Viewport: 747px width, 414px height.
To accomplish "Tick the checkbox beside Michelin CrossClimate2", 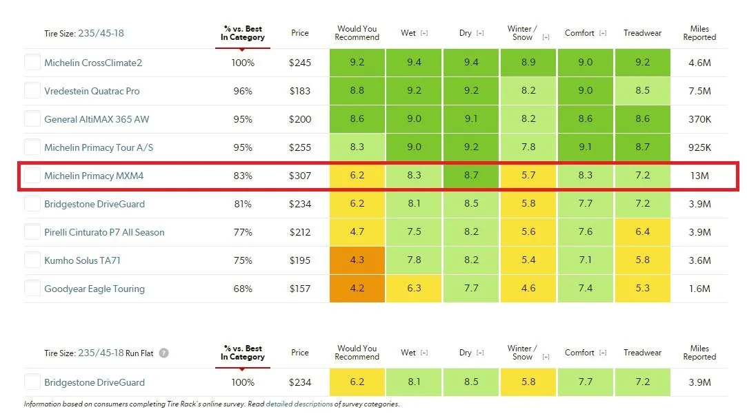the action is tap(32, 62).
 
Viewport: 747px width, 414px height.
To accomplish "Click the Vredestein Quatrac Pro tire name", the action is tap(92, 91).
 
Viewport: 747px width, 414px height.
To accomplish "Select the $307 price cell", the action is tap(299, 176).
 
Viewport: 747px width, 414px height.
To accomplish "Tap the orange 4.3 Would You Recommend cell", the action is tap(357, 260).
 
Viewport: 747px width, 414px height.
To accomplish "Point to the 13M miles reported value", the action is tap(699, 176).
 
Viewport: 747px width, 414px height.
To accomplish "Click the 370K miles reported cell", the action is tap(699, 119).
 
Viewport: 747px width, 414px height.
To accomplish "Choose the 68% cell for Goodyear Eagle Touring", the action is tap(243, 289).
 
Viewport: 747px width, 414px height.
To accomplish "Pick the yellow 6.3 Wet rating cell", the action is tap(414, 289).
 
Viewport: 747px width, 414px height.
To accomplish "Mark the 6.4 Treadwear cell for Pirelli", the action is tap(642, 231).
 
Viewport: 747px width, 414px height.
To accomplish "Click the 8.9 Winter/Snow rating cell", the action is tap(528, 62).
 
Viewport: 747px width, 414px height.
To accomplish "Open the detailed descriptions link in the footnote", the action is tap(299, 404).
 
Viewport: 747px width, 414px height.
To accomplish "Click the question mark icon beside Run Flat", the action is tap(163, 353).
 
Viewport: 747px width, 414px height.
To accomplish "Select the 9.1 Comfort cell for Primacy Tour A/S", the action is tap(585, 147).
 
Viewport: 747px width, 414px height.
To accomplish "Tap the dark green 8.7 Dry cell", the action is tap(470, 176).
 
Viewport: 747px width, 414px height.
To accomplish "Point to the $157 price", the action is tap(299, 289).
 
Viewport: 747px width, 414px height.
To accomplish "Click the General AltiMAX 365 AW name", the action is tap(97, 119).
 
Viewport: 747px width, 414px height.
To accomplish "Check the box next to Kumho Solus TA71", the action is tap(32, 260).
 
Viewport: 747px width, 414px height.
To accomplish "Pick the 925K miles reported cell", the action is tap(699, 147).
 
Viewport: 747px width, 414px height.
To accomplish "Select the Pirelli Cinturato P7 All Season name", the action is tap(104, 232).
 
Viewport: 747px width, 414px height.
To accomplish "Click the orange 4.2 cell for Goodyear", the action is tap(357, 289).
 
